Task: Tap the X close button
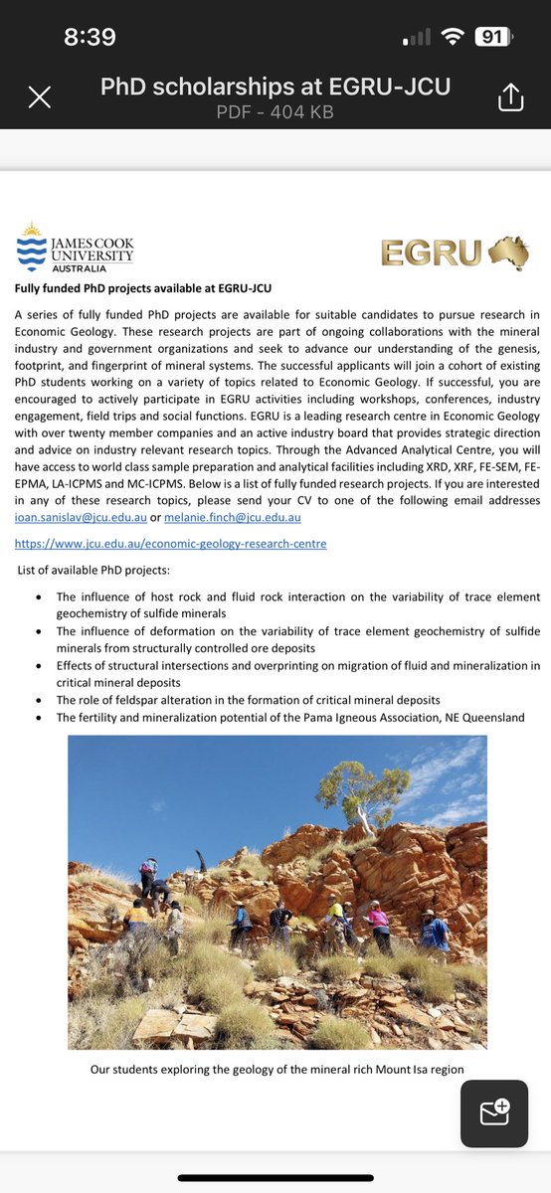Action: point(39,96)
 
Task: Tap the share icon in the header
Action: point(509,96)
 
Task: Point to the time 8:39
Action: point(90,38)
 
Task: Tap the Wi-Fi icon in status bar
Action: point(453,38)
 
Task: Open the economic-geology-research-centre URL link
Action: point(170,543)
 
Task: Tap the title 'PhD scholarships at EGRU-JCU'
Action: point(275,87)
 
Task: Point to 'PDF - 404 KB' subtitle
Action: point(275,112)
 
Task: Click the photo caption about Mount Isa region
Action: point(276,1069)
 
